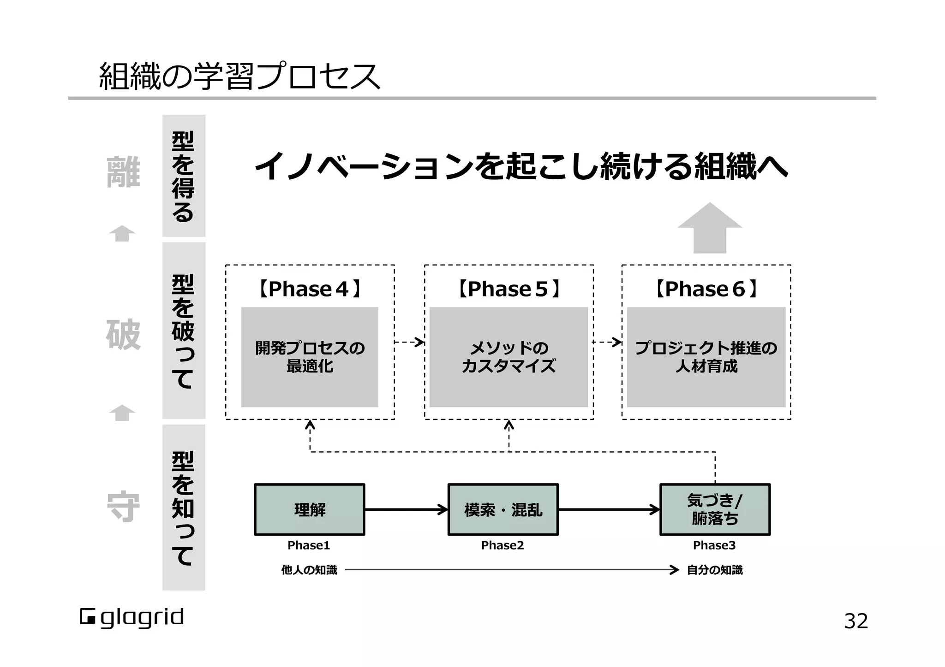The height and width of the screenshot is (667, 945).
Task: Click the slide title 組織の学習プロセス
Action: click(239, 77)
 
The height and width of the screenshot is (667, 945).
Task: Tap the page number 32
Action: click(856, 621)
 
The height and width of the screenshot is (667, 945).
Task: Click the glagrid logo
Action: click(132, 618)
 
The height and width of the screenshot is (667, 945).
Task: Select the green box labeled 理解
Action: click(310, 510)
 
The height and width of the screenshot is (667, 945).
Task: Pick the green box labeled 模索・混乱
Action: click(503, 510)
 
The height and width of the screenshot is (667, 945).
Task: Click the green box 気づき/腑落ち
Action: click(715, 510)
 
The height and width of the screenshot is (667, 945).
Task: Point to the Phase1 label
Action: click(309, 545)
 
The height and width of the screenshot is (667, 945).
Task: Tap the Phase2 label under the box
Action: click(502, 545)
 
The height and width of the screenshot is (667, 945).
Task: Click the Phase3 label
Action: click(714, 545)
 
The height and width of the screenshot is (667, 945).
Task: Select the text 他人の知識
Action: click(309, 570)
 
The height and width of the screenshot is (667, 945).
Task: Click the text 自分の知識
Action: click(715, 570)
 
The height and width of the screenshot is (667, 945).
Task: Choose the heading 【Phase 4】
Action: click(309, 289)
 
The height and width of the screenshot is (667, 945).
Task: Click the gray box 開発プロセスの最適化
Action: click(310, 357)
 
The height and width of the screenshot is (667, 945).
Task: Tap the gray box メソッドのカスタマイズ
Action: click(508, 357)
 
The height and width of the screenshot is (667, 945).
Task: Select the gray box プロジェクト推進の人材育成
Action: click(706, 357)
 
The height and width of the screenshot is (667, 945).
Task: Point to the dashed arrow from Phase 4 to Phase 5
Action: click(409, 342)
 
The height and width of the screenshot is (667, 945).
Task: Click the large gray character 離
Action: click(123, 172)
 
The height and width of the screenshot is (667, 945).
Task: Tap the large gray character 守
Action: click(123, 507)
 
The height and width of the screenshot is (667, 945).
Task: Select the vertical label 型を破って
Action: click(184, 331)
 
